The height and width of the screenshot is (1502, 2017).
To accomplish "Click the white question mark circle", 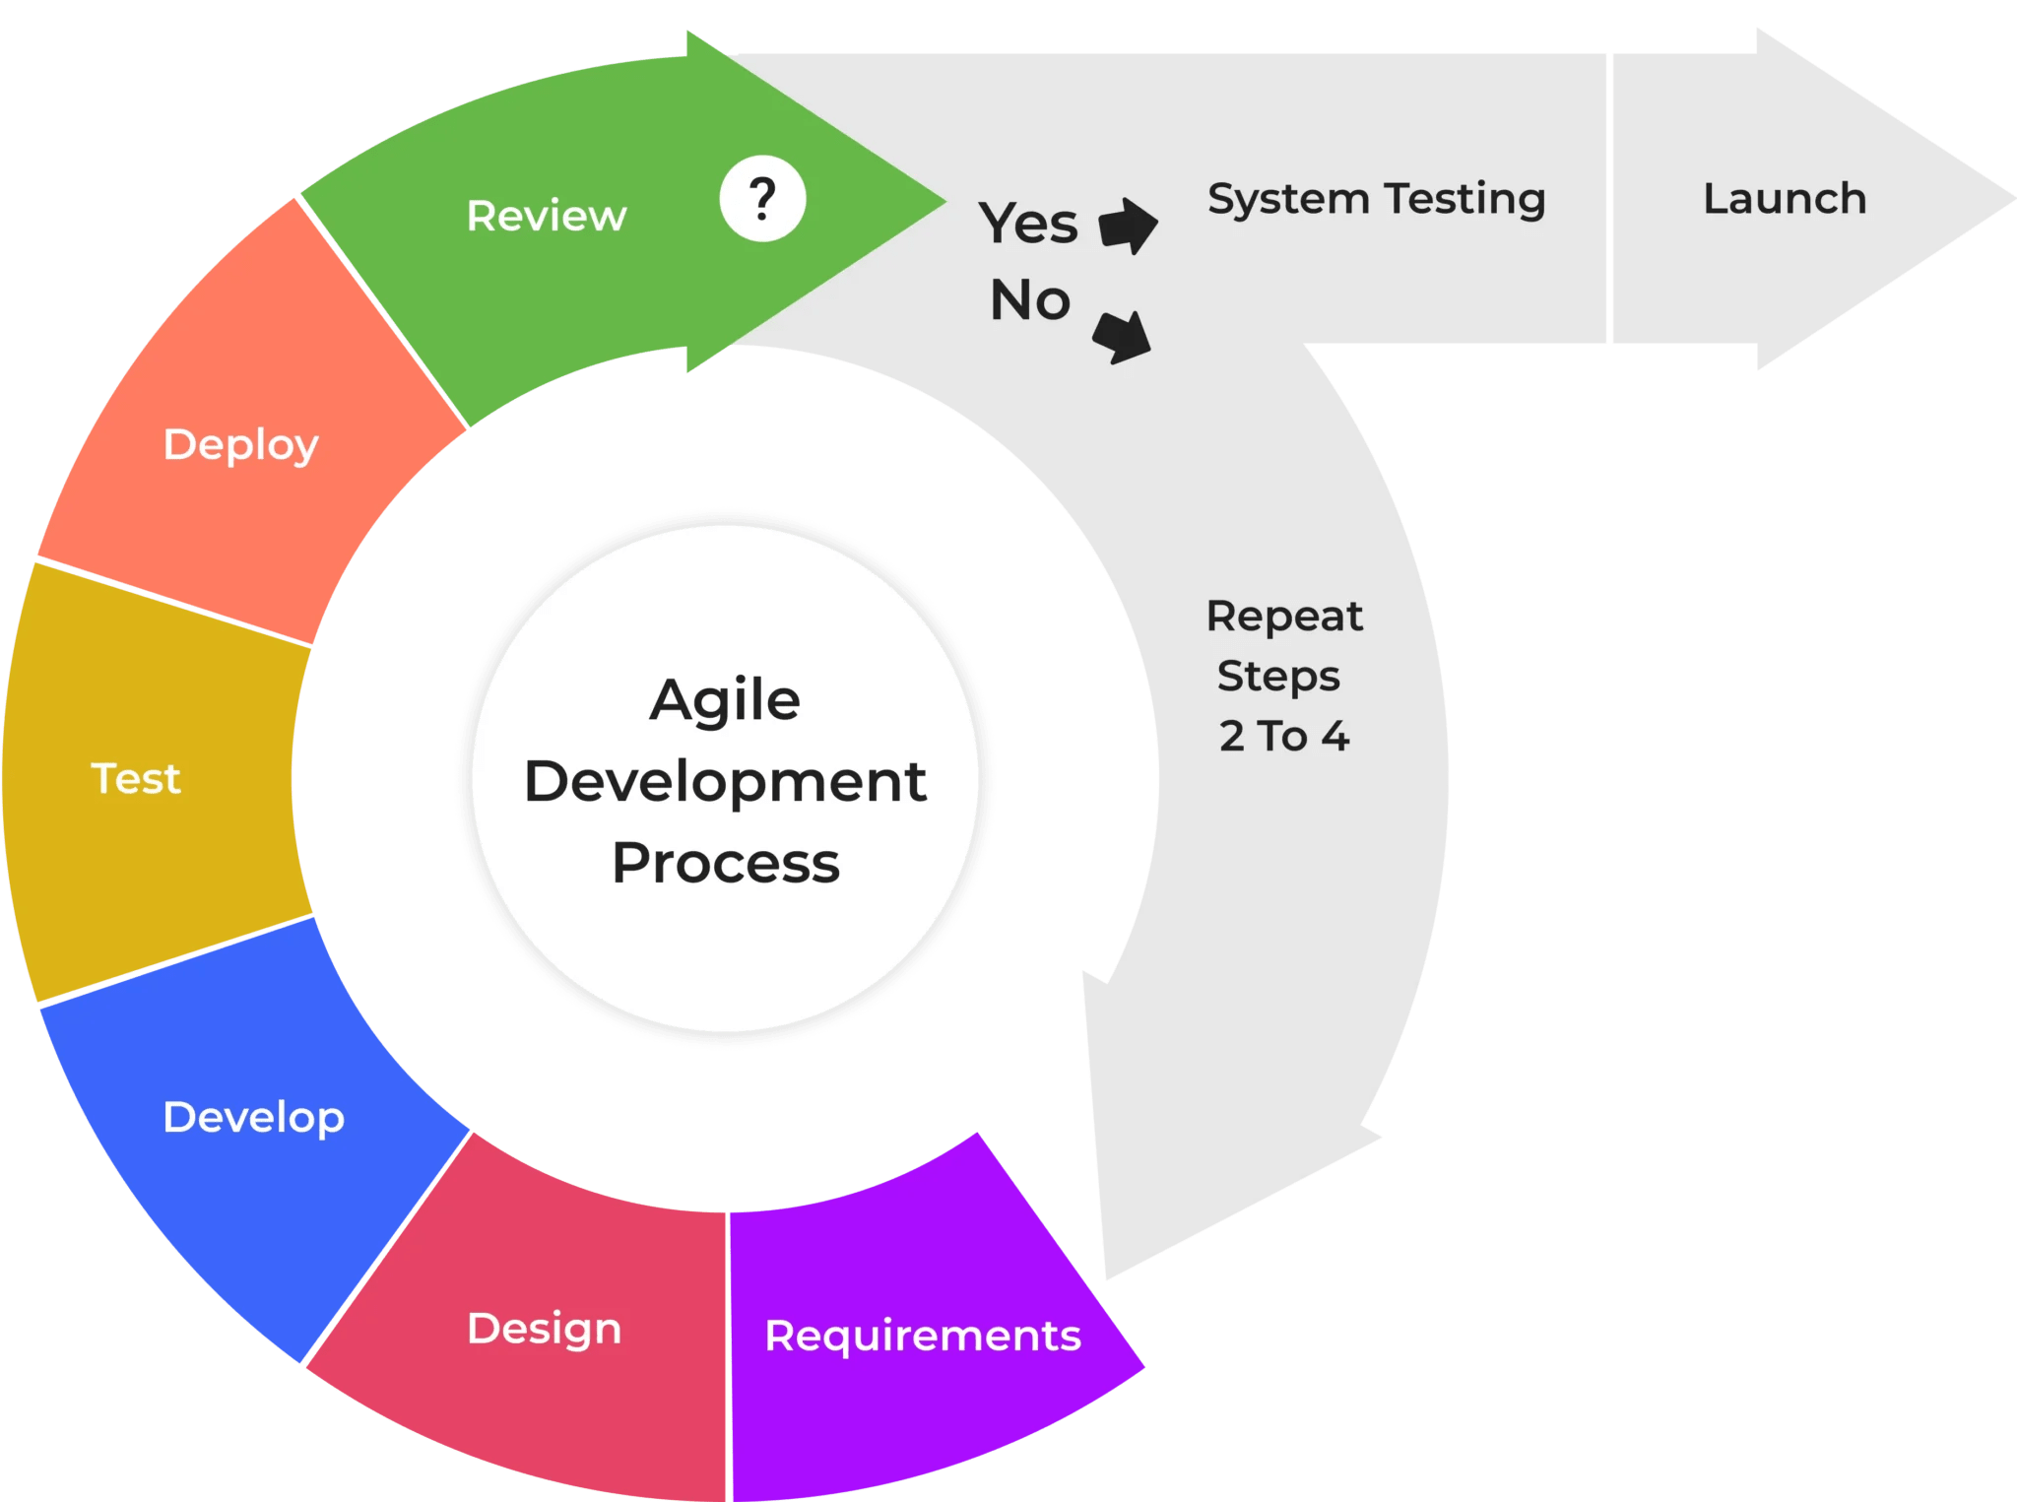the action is click(x=762, y=199).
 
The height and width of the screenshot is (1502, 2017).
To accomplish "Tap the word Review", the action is click(x=547, y=216).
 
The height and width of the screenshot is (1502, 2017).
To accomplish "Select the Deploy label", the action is click(x=241, y=445).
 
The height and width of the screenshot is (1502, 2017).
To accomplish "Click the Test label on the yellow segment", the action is click(x=136, y=779).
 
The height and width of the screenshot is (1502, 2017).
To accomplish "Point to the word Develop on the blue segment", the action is click(x=254, y=1118).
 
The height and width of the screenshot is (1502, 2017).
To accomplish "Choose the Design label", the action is click(x=545, y=1329).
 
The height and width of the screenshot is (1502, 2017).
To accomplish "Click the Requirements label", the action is click(x=923, y=1336).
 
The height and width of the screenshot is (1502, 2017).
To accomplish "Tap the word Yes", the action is click(x=1027, y=223).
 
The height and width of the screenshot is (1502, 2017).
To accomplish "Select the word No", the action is click(x=1030, y=299).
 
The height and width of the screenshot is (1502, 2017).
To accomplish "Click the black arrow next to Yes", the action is click(x=1128, y=226).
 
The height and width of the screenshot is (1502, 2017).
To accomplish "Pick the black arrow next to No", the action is click(x=1124, y=336).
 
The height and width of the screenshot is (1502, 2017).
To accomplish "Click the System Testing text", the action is click(x=1376, y=199).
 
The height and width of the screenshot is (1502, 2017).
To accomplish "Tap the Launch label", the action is click(x=1785, y=199).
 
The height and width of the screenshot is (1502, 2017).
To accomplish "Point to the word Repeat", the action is click(x=1284, y=617).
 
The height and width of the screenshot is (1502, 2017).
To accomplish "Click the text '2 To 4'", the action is click(x=1284, y=736).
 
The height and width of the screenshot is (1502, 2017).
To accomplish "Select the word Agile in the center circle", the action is click(x=725, y=700).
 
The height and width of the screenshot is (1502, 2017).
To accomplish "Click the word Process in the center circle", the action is click(x=726, y=863).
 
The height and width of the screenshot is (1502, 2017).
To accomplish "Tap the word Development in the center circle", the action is click(x=726, y=782).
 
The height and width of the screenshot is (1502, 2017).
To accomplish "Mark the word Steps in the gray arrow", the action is click(x=1278, y=677).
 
